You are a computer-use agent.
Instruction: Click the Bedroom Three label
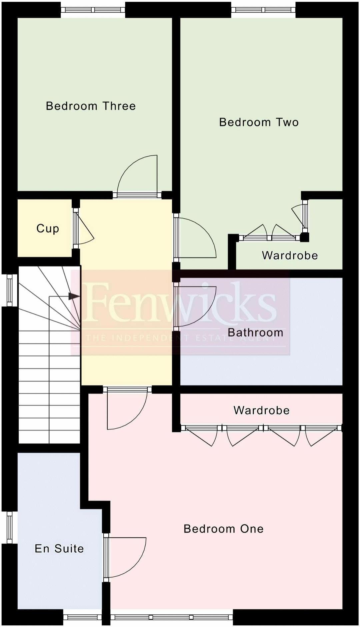(x=91, y=106)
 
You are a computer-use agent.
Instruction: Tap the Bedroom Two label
(x=259, y=122)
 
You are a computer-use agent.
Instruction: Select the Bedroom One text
(x=223, y=529)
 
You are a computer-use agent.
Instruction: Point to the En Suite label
(x=59, y=548)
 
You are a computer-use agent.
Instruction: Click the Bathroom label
(x=255, y=333)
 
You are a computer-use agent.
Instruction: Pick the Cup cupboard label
(x=48, y=228)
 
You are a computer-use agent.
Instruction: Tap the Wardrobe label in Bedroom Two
(x=290, y=255)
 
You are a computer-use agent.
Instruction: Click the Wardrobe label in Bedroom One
(x=261, y=410)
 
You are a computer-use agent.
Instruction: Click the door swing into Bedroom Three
(x=137, y=175)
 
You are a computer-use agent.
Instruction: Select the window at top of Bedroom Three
(x=93, y=10)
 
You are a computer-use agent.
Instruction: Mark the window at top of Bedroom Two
(x=263, y=10)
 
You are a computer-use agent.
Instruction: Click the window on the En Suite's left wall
(x=9, y=527)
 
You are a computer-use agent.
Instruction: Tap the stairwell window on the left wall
(x=9, y=290)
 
